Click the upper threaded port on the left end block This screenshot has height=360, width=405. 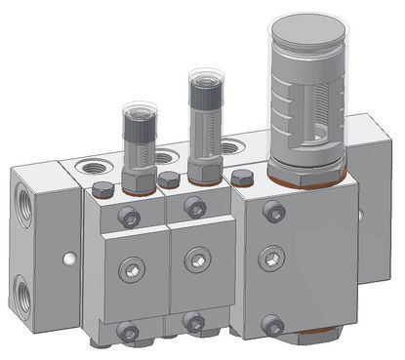point(23,206)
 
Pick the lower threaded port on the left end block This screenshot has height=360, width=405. point(23,290)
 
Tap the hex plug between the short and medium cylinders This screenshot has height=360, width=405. point(170,180)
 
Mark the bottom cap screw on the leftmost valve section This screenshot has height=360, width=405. point(129,330)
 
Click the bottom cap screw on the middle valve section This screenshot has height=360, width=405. point(194,321)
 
